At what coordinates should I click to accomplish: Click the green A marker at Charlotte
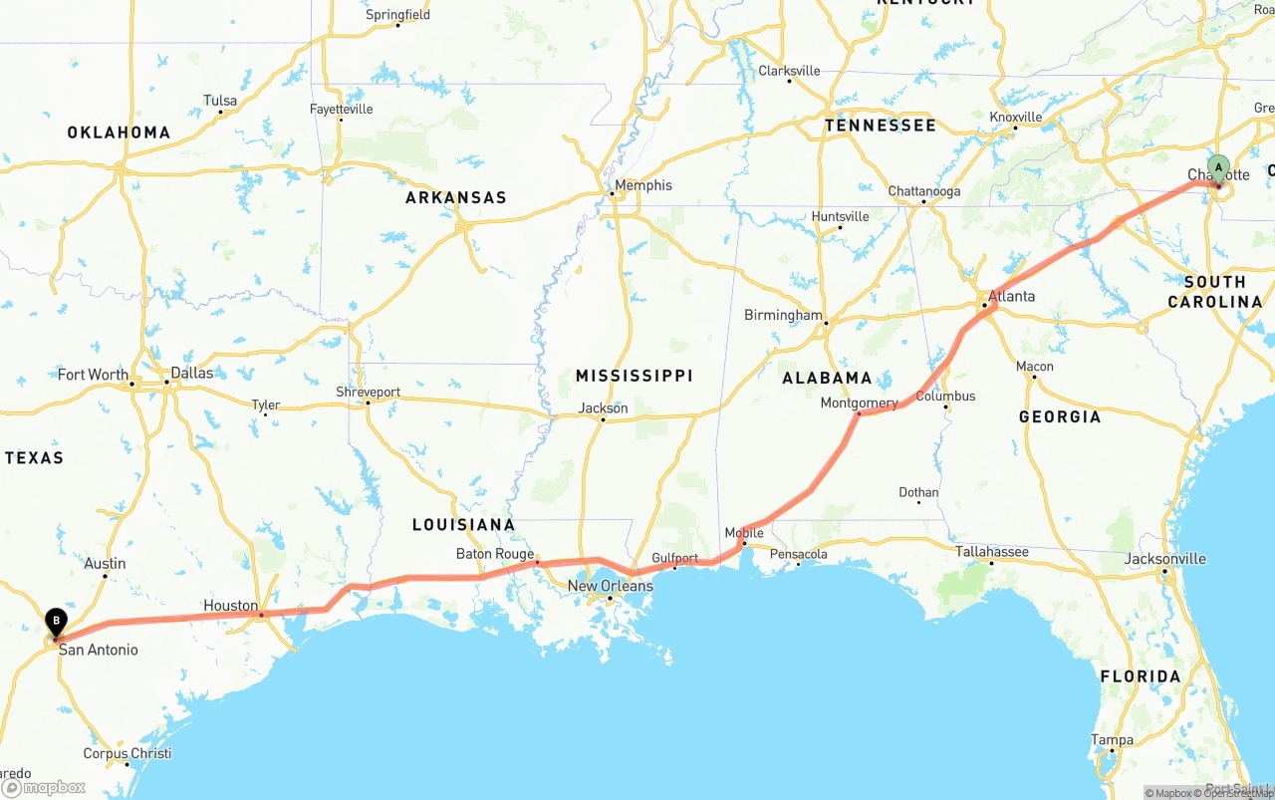click(1217, 167)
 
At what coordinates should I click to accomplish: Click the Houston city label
click(230, 605)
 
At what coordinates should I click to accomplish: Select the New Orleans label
click(611, 586)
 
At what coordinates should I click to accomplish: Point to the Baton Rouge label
click(495, 554)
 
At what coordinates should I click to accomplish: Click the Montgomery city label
click(859, 403)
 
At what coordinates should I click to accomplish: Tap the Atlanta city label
click(1011, 296)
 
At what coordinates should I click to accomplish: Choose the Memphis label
click(643, 185)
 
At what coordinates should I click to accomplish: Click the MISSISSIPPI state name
click(634, 376)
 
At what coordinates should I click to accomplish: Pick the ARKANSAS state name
click(456, 198)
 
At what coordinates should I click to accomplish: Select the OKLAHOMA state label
click(119, 133)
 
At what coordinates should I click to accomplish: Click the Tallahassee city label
click(992, 551)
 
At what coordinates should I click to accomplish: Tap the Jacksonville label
click(1164, 559)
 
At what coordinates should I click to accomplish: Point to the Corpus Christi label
click(127, 753)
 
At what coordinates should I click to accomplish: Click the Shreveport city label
click(368, 392)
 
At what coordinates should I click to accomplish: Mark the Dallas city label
click(191, 373)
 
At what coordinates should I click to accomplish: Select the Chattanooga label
click(923, 191)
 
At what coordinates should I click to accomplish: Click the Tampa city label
click(1112, 739)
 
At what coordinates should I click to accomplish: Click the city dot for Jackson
click(603, 419)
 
